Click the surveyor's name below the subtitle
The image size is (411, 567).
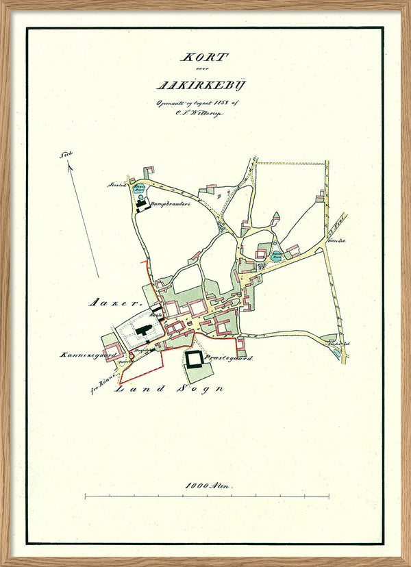[205, 114]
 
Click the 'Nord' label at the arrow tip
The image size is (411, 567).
[66, 155]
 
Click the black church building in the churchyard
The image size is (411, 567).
[145, 330]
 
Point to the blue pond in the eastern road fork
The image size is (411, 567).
[276, 258]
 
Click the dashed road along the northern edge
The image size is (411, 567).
[291, 164]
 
